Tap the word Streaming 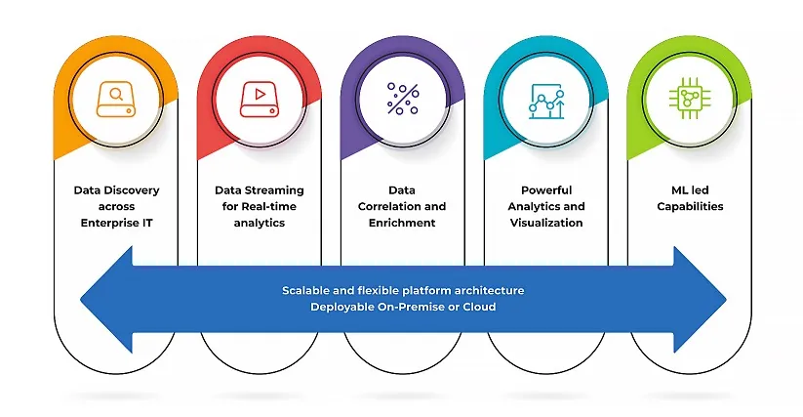click(274, 190)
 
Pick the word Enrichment click(402, 223)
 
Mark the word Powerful click(545, 190)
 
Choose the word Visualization click(545, 223)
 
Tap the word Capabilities click(689, 206)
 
